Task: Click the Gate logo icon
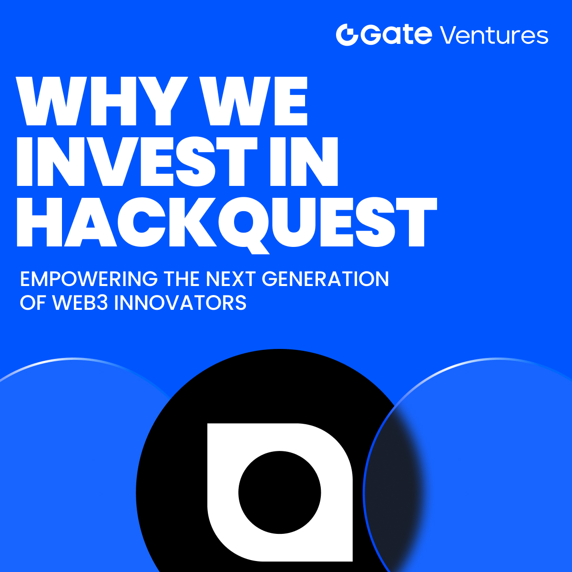[347, 35]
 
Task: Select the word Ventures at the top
[493, 35]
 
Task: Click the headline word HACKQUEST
[226, 222]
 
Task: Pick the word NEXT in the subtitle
[231, 279]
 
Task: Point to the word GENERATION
[326, 279]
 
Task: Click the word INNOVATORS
[181, 303]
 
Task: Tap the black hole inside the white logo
[279, 492]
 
